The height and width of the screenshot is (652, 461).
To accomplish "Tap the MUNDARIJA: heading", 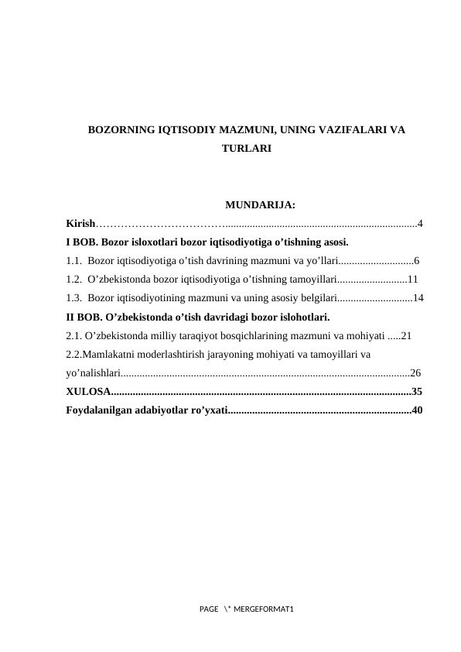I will [x=258, y=205].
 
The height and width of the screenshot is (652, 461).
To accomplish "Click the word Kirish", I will [x=81, y=224].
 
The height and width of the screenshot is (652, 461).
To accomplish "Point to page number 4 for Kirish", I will [x=419, y=224].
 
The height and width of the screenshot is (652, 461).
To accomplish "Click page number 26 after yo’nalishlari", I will [x=415, y=372].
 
